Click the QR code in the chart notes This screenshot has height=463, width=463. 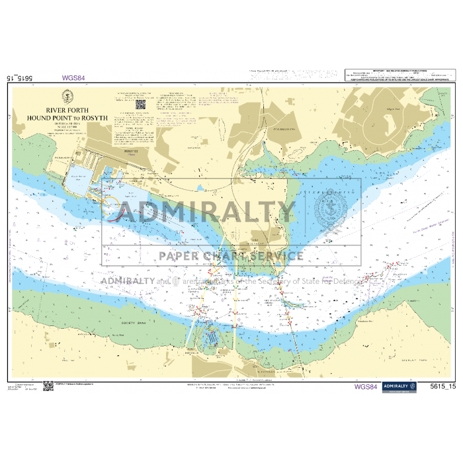point(140,104)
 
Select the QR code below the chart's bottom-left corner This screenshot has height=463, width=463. point(48,386)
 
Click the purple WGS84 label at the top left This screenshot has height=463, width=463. point(73,77)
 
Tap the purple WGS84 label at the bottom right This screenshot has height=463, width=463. point(366,387)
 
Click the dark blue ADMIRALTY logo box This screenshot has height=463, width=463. point(400,386)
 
